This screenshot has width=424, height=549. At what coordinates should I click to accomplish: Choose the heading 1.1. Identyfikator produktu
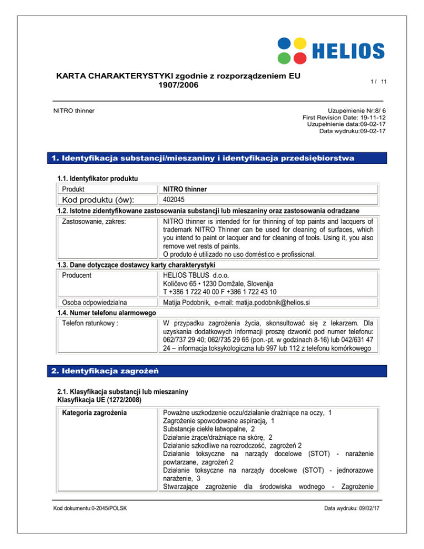pos(97,178)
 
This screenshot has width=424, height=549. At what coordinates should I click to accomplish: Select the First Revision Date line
pos(344,118)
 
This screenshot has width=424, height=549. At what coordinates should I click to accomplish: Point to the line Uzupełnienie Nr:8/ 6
pos(348,110)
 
